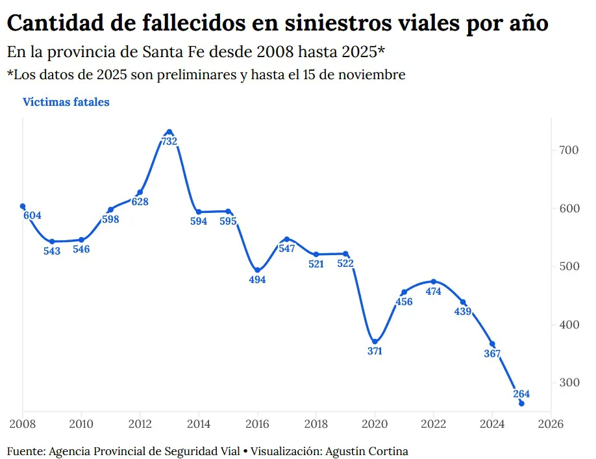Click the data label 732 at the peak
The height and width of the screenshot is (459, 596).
(169, 142)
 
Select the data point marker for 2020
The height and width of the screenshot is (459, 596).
(375, 341)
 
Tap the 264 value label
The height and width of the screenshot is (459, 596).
(521, 393)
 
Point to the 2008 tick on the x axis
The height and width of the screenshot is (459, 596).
(23, 424)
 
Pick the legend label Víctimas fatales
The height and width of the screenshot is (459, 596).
(66, 102)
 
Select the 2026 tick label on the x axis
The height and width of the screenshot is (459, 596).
(551, 424)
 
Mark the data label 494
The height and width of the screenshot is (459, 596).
(257, 280)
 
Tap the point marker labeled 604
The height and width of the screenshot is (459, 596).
(23, 206)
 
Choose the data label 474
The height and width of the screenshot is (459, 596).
(433, 292)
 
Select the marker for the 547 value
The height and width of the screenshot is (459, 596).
(286, 239)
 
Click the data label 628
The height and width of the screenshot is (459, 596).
(140, 202)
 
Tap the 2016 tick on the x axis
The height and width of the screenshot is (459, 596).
(257, 424)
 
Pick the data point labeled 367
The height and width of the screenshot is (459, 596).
(492, 344)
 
